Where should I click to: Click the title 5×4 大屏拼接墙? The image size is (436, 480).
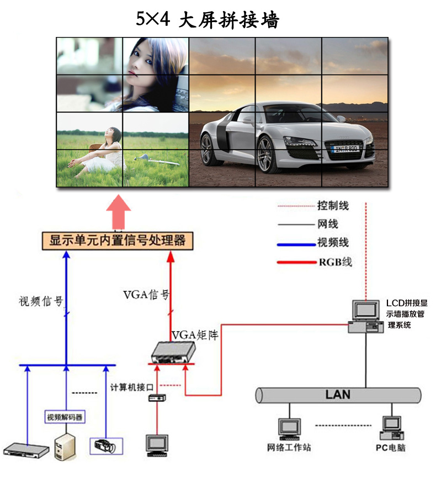tap(208, 20)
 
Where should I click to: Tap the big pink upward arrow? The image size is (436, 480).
tap(119, 212)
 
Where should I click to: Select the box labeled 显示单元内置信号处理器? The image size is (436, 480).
tap(118, 241)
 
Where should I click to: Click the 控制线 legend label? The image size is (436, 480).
tap(333, 206)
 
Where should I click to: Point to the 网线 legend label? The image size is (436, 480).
tap(328, 224)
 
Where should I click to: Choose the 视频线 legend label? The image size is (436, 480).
tap(333, 242)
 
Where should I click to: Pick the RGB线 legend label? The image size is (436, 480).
tap(336, 262)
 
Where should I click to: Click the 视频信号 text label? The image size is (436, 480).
tap(41, 301)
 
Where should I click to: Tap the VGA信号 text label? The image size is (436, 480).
tap(146, 295)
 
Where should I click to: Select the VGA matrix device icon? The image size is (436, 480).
tap(174, 353)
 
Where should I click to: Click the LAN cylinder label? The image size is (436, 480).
tap(338, 394)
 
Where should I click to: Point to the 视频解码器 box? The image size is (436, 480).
tap(65, 417)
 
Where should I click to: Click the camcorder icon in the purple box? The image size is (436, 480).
tap(105, 446)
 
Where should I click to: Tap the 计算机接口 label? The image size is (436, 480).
tap(132, 387)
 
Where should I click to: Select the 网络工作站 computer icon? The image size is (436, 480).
tap(290, 429)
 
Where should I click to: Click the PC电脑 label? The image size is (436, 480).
tap(391, 448)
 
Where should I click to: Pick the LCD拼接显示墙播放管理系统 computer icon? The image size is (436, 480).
tap(366, 317)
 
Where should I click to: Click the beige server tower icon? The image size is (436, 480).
tap(65, 447)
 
